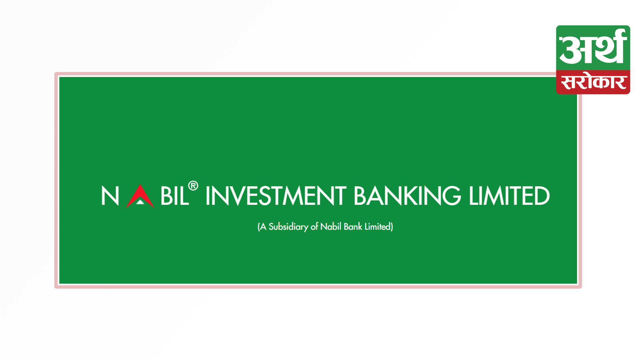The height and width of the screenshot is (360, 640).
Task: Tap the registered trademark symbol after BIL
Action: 193,186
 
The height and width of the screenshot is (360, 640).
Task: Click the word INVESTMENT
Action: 275,196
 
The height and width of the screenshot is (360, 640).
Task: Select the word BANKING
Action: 407,196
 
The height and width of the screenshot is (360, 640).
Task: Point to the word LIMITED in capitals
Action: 509,196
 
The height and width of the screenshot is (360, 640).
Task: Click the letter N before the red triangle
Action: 110,196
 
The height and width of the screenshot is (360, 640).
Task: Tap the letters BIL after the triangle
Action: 175,196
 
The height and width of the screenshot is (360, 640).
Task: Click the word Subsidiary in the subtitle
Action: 288,227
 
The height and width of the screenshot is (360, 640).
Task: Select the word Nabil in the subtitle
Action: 331,227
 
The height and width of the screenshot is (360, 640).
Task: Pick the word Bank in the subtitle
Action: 353,227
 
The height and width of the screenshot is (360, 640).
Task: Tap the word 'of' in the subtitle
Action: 314,227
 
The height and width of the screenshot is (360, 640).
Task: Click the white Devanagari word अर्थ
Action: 593,47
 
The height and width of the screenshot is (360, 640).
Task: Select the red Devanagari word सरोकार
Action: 593,82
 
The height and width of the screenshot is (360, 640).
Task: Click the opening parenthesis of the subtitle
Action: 259,227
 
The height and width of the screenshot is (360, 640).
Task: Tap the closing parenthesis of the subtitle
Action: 392,227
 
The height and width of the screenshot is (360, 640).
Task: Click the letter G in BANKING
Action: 452,196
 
